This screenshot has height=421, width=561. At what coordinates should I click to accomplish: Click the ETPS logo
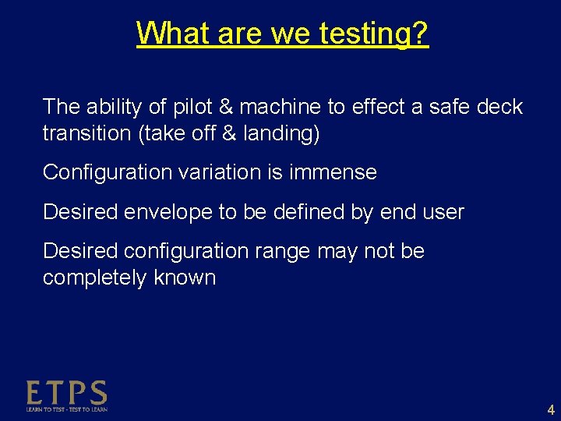tap(67, 395)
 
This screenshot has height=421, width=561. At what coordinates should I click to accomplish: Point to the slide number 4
tap(551, 409)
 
